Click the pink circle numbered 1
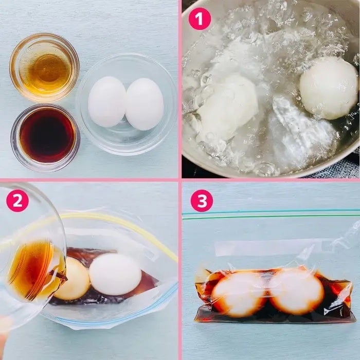[x=200, y=19]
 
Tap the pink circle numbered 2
[x=17, y=201]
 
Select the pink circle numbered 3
[x=202, y=201]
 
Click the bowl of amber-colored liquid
[x=44, y=67]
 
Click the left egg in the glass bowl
[x=107, y=102]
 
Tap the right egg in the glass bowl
[x=145, y=104]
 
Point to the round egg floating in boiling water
[x=329, y=88]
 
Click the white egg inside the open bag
[x=115, y=274]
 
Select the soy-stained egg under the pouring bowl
[x=74, y=279]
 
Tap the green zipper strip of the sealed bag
[x=271, y=214]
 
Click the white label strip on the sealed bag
[x=273, y=248]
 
